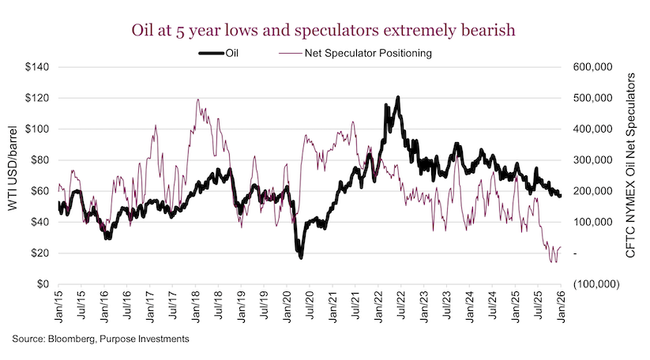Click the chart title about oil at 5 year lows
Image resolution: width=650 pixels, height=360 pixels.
tap(325, 30)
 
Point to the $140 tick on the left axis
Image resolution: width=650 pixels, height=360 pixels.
tap(36, 68)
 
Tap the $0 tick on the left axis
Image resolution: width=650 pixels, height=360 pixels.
tap(43, 284)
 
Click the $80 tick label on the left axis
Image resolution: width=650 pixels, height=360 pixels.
tap(39, 160)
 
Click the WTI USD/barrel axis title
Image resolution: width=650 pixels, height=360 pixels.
tap(13, 175)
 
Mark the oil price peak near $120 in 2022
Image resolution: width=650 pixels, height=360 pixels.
tap(397, 98)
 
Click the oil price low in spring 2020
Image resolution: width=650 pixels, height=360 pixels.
tap(301, 257)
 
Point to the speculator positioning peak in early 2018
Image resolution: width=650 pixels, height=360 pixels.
tap(197, 99)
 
